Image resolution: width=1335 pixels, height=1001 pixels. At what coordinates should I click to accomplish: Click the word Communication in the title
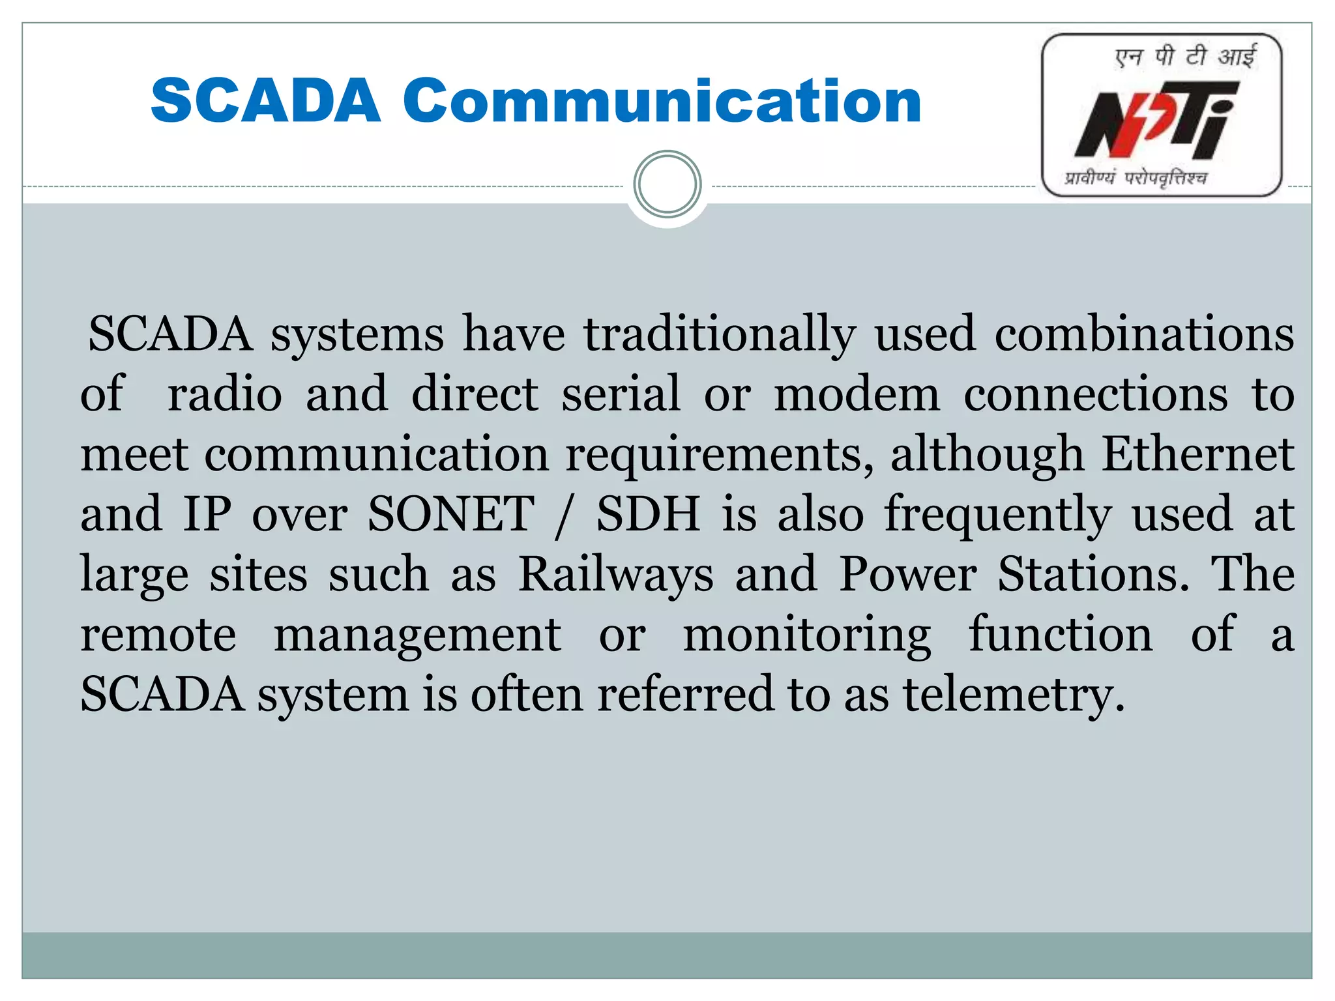pos(661,101)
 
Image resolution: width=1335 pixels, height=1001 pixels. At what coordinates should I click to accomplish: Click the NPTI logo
pos(1161,115)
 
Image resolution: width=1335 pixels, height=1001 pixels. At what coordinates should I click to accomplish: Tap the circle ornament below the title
pos(667,184)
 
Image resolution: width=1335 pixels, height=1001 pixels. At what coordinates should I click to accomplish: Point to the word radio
pos(225,395)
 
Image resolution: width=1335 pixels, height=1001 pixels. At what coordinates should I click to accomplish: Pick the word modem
pos(857,395)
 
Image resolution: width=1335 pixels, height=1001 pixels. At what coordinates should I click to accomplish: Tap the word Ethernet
pos(1197,454)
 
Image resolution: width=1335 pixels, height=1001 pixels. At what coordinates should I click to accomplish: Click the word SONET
pos(451,514)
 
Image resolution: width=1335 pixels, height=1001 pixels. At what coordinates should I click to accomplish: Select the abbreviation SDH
pos(648,514)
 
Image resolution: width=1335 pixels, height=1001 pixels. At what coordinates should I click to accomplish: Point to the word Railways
pos(615,575)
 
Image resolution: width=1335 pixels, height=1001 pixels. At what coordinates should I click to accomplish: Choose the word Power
pos(907,575)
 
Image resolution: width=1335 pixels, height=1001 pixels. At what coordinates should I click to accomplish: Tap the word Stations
pos(1094,575)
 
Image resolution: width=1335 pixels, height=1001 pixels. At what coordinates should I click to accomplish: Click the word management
pos(417,635)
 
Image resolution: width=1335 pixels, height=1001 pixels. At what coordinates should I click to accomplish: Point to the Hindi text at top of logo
pos(1185,57)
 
